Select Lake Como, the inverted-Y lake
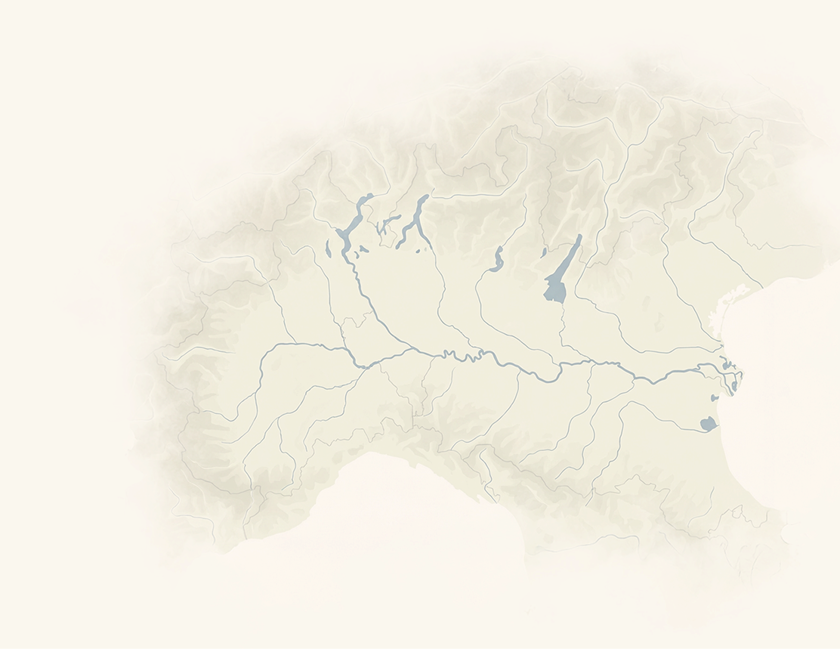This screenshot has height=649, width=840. tap(416, 218)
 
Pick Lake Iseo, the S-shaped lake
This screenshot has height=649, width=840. tap(497, 260)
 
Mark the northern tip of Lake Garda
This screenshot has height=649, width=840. tap(579, 236)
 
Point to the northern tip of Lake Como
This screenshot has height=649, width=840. tap(426, 196)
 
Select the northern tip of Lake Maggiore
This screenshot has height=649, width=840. tap(370, 196)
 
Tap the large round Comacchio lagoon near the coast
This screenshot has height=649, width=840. tap(708, 424)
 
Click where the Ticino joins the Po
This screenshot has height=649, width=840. tap(365, 366)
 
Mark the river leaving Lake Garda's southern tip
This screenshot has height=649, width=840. tap(562, 317)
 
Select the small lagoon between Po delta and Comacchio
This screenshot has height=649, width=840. tap(715, 397)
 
